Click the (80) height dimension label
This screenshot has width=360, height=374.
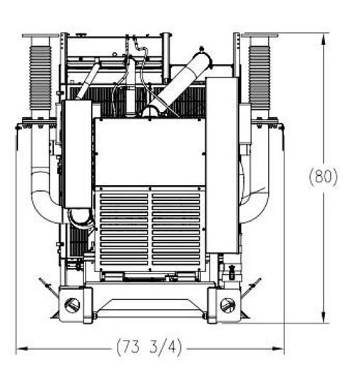coord(324,177)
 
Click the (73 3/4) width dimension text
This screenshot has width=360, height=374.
coord(149,348)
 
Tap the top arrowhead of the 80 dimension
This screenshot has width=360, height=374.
coord(324,38)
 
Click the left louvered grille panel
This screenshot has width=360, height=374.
coord(123,228)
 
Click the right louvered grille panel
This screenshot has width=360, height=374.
coord(176,228)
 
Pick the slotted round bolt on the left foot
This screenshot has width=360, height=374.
coord(71,304)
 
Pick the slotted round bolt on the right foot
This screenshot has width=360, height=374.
coord(227,304)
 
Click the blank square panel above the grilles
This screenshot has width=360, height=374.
coord(150,152)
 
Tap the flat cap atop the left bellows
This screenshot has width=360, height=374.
coord(40,35)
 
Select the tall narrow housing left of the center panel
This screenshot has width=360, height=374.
coord(78,153)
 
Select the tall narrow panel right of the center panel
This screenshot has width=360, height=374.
coord(222,164)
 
